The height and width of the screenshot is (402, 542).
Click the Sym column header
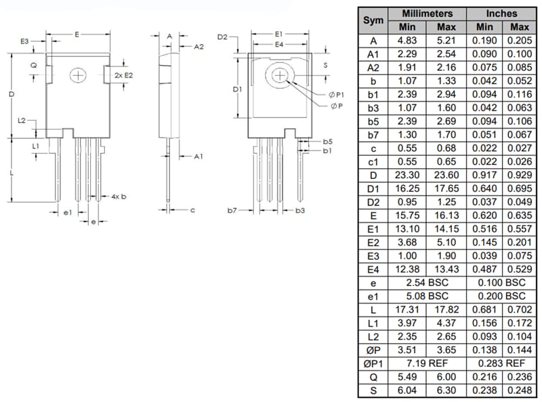click(373, 20)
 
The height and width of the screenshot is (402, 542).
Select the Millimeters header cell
click(427, 14)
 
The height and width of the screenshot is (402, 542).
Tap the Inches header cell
click(501, 14)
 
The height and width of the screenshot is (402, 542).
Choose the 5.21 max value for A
click(446, 41)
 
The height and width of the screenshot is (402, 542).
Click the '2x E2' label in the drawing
click(123, 75)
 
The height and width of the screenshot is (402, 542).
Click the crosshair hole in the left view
click(79, 75)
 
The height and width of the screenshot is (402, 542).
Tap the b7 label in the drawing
click(232, 211)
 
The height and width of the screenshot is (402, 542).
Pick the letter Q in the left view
click(33, 65)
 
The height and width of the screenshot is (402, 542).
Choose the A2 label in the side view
click(199, 47)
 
